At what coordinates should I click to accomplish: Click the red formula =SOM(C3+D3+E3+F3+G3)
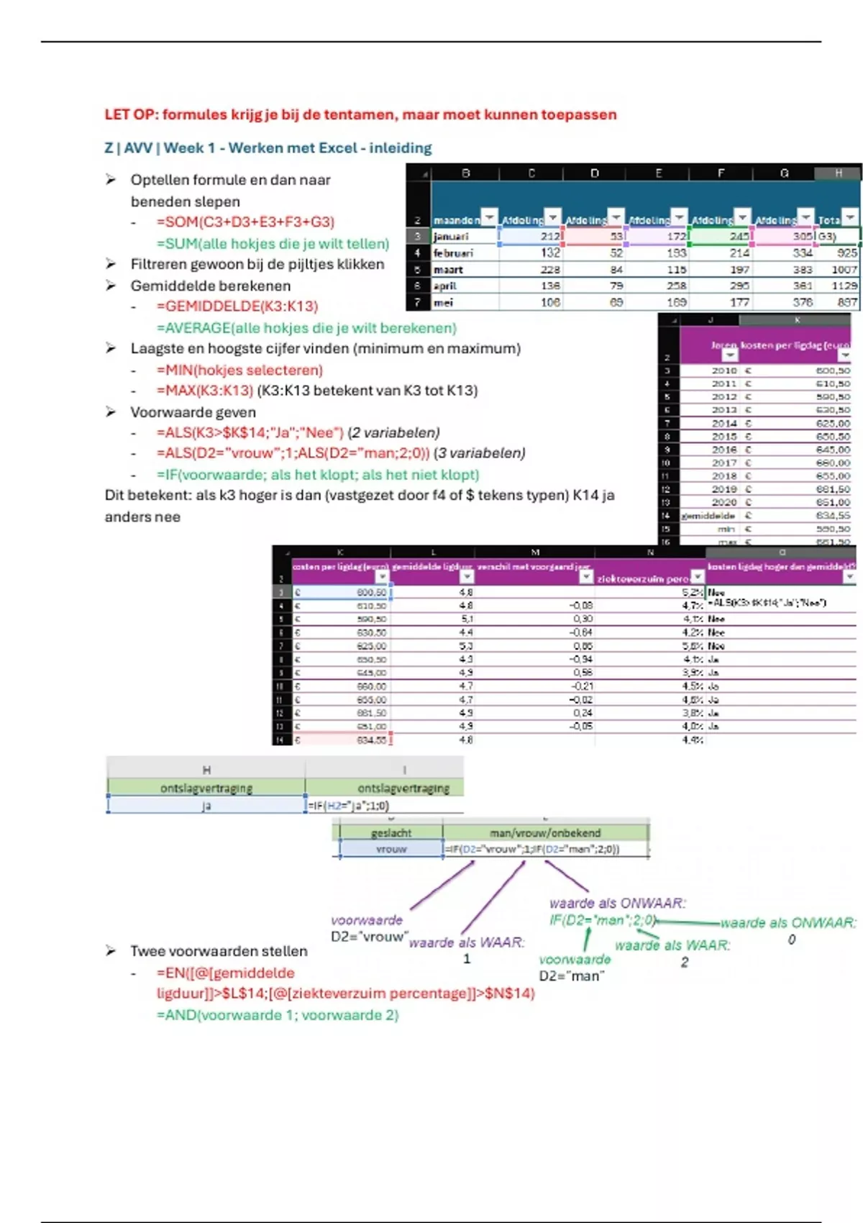[x=245, y=222]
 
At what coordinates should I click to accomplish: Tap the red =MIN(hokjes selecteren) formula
[x=239, y=370]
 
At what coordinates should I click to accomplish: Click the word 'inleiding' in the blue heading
[x=401, y=148]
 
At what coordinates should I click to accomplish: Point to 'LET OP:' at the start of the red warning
[x=131, y=114]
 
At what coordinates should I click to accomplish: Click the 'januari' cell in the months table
[x=451, y=237]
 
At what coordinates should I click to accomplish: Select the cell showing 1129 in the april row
[x=844, y=286]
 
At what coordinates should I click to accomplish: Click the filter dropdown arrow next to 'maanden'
[x=489, y=217]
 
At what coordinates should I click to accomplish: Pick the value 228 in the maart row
[x=550, y=270]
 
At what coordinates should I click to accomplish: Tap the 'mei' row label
[x=443, y=303]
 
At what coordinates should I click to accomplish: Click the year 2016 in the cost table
[x=724, y=450]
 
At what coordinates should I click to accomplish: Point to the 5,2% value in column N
[x=692, y=593]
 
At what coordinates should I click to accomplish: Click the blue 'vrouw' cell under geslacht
[x=391, y=850]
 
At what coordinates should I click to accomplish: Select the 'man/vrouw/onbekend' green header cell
[x=545, y=833]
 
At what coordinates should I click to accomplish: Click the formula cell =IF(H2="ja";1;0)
[x=349, y=806]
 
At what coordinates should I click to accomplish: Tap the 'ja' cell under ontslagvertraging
[x=206, y=806]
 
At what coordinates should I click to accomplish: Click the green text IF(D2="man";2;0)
[x=603, y=921]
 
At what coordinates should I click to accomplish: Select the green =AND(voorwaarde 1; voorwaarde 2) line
[x=278, y=1015]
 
